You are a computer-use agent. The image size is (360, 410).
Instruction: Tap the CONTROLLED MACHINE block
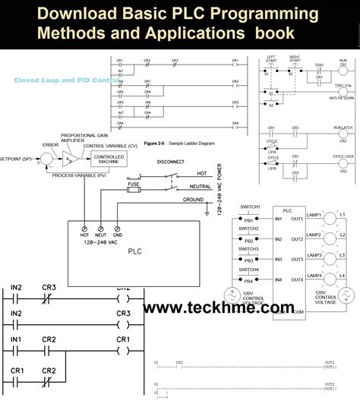pyautogui.click(x=109, y=159)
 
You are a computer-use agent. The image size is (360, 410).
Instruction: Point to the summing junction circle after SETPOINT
pyautogui.click(x=47, y=158)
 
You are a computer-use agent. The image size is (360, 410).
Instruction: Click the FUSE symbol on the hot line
pyautogui.click(x=133, y=186)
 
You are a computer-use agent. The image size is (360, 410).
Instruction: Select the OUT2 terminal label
pyautogui.click(x=296, y=239)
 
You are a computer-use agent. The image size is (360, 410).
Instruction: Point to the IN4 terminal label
pyautogui.click(x=278, y=279)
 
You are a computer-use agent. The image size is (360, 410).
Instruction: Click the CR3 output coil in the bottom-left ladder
pyautogui.click(x=123, y=314)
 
